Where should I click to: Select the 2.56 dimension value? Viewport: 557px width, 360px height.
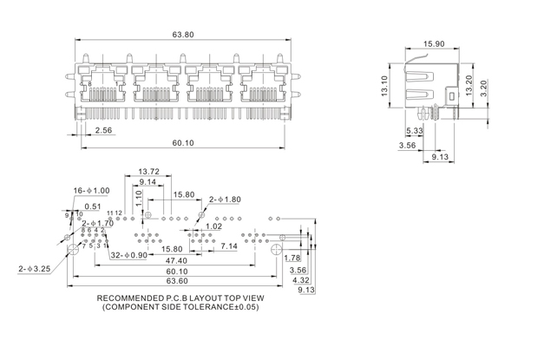[x=103, y=131]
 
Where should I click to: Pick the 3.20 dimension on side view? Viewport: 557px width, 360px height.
[x=485, y=88]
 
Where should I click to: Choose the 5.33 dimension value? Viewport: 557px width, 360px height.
[x=414, y=132]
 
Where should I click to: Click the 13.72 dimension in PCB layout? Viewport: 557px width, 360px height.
[x=149, y=172]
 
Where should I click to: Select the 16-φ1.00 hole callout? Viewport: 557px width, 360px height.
[x=91, y=190]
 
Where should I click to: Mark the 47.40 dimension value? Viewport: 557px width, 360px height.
[x=177, y=260]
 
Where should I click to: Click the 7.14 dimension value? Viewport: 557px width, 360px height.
[x=228, y=247]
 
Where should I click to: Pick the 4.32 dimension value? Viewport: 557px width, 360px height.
[x=300, y=280]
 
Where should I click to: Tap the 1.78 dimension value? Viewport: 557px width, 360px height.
[x=292, y=258]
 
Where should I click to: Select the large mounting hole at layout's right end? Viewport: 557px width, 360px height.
[x=277, y=251]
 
